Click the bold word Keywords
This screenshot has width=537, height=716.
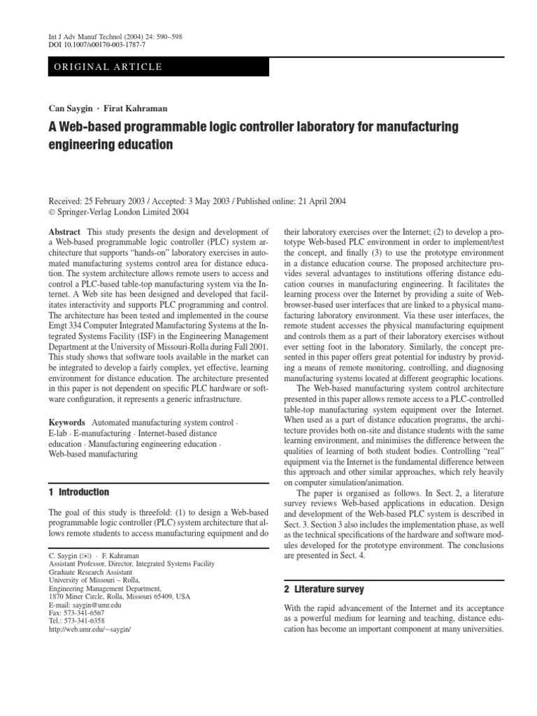pyautogui.click(x=67, y=423)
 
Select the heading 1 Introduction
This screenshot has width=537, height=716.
pyautogui.click(x=79, y=492)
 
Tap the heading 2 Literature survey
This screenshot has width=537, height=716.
pyautogui.click(x=324, y=589)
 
